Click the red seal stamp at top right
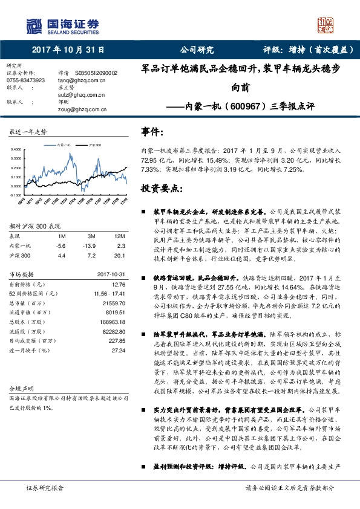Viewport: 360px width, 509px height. click(x=326, y=25)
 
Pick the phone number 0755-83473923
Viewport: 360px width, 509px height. click(x=25, y=80)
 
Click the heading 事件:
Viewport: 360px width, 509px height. click(x=152, y=131)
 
